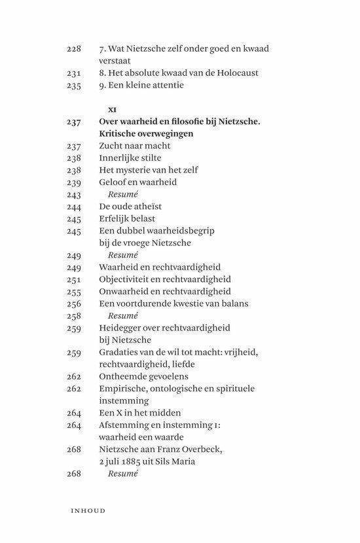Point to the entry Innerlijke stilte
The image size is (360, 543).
point(130,158)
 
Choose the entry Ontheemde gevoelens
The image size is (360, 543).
point(143,376)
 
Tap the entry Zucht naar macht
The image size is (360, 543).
point(134,146)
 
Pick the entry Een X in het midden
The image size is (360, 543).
point(140,413)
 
